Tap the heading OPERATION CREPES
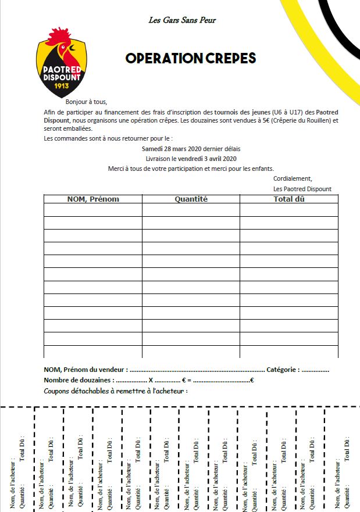point(191,59)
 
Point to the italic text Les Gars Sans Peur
point(183,20)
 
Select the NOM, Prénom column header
point(93,199)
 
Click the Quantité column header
point(191,199)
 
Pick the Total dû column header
point(289,199)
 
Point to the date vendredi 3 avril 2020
point(208,159)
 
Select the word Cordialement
point(293,179)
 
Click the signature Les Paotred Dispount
point(302,189)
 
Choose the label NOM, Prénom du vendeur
point(85,370)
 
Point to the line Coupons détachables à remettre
point(115,391)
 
